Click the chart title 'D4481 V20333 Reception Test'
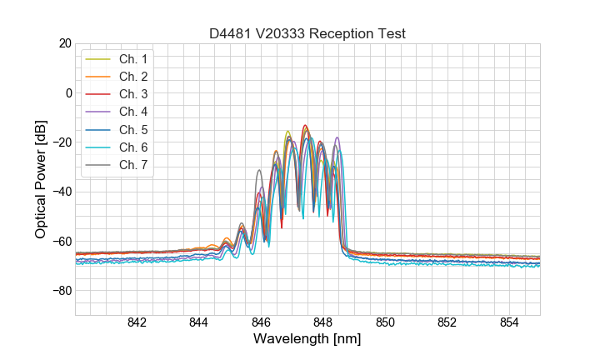[307, 34]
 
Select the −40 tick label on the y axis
[60, 192]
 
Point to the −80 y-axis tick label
[60, 291]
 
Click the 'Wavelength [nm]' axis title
[307, 340]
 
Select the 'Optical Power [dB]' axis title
[41, 179]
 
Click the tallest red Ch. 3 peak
[305, 126]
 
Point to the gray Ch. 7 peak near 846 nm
[259, 171]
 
